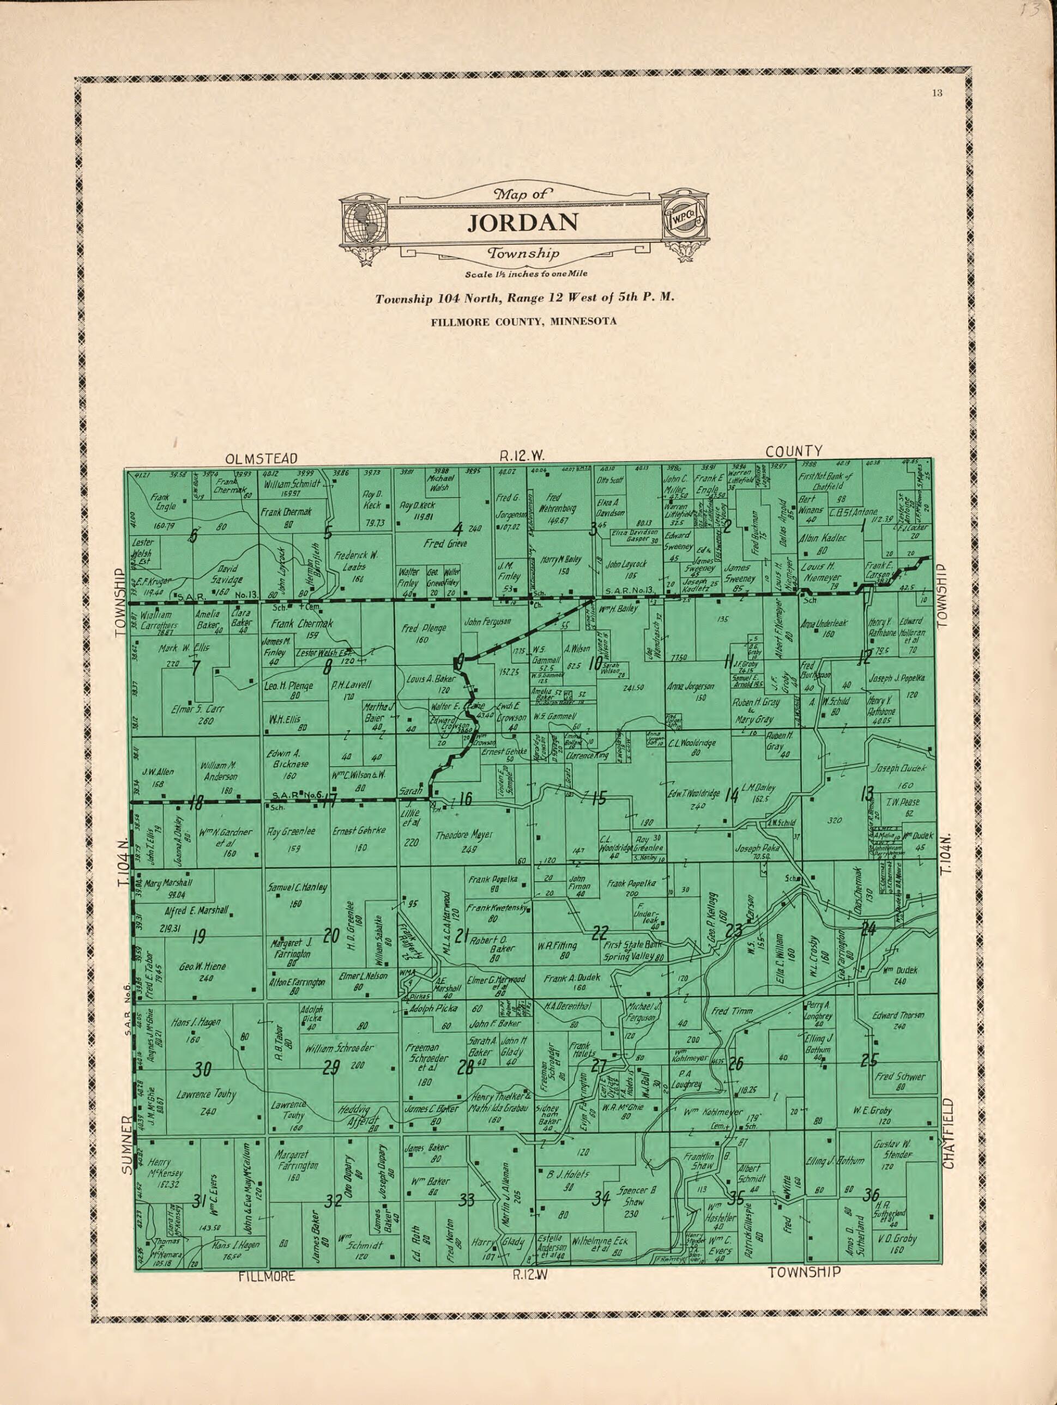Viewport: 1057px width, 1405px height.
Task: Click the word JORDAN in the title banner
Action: coord(523,222)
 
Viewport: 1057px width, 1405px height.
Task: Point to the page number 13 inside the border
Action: coord(937,94)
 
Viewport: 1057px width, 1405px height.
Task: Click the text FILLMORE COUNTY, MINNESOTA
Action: coord(523,322)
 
